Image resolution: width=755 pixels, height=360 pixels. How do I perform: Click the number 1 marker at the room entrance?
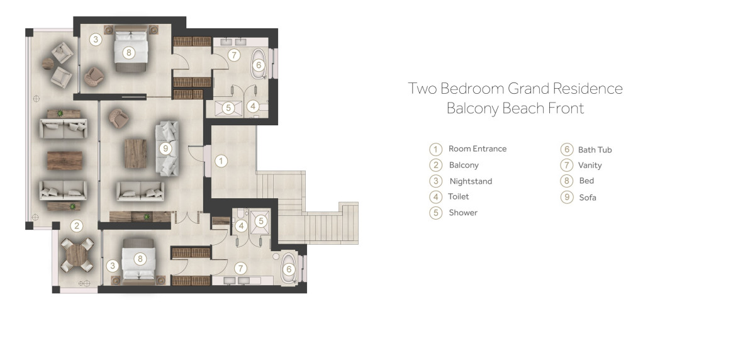point(221,160)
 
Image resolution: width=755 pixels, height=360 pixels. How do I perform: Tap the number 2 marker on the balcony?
point(77,225)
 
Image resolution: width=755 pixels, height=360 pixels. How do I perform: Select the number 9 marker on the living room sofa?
point(165,149)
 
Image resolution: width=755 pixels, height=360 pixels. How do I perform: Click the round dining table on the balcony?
point(77,255)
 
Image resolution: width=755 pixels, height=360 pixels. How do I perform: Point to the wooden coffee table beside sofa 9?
point(135,154)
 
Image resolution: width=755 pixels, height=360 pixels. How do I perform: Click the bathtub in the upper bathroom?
point(259,64)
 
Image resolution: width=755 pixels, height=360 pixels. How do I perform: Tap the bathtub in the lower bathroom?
point(289,268)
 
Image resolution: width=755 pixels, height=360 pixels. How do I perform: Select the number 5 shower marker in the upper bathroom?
point(228,108)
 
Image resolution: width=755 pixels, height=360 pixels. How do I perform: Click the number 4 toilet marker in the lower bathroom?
point(241,226)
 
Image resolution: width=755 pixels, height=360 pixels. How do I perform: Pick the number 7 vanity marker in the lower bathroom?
point(240,268)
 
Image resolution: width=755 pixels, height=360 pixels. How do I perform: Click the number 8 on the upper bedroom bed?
point(129,53)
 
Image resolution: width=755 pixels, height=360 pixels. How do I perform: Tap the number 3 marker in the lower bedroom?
point(113,266)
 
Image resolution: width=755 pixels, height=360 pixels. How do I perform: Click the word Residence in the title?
point(588,88)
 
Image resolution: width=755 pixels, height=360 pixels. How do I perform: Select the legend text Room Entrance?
point(478,149)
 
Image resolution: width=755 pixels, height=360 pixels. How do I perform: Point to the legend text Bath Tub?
point(595,150)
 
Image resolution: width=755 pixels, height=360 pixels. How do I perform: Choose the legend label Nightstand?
point(471,181)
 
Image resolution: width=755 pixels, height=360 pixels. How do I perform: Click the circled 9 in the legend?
point(567,197)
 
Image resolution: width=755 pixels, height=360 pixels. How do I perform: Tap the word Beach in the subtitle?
point(523,108)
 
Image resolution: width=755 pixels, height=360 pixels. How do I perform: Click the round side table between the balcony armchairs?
point(48,64)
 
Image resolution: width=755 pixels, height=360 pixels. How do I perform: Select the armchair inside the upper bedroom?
point(93,77)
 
